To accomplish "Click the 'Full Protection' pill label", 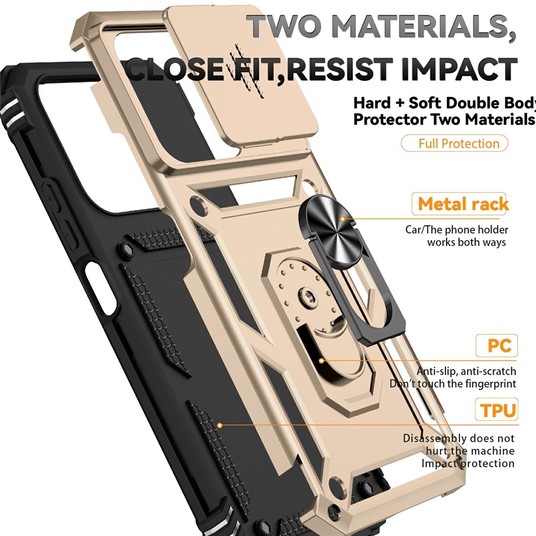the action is pyautogui.click(x=455, y=143).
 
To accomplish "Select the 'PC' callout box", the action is pyautogui.click(x=496, y=346).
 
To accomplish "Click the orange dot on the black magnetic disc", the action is pyautogui.click(x=342, y=219).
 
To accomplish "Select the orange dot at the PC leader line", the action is pyautogui.click(x=321, y=361).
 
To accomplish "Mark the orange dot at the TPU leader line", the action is pyautogui.click(x=220, y=425).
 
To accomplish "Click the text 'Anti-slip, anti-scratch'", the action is pyautogui.click(x=466, y=371).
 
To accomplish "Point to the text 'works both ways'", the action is pyautogui.click(x=466, y=242).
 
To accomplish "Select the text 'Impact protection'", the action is pyautogui.click(x=467, y=463).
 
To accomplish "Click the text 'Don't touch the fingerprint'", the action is pyautogui.click(x=452, y=384).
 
